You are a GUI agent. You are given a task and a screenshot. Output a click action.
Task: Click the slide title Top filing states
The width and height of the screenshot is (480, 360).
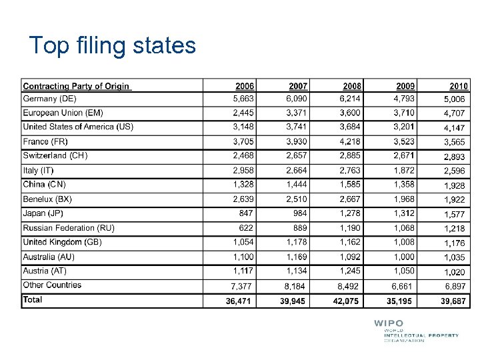point(113,46)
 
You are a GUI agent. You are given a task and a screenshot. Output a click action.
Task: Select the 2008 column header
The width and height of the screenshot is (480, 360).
point(352,86)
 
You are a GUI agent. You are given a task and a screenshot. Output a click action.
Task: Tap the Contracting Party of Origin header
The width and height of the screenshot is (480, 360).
point(77,86)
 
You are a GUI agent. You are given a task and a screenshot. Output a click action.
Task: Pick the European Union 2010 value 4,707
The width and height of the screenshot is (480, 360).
point(454,113)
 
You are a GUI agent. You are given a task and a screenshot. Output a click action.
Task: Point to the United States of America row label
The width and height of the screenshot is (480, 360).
point(78,127)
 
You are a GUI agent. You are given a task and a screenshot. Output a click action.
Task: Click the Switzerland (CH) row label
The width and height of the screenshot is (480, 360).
point(55,155)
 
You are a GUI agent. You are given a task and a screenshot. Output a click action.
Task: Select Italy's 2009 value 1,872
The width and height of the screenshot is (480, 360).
point(404,170)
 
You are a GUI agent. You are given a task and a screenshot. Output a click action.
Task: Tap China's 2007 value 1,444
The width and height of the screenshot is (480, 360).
point(297,184)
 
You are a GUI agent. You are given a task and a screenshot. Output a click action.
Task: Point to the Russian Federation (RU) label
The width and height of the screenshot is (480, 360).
point(69,228)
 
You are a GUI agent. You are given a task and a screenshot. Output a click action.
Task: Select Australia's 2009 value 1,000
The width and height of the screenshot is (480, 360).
point(404,257)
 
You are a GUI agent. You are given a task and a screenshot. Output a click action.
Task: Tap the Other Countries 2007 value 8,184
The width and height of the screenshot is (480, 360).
point(297,286)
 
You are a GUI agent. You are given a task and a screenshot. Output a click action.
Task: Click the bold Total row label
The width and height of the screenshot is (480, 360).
point(33,300)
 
